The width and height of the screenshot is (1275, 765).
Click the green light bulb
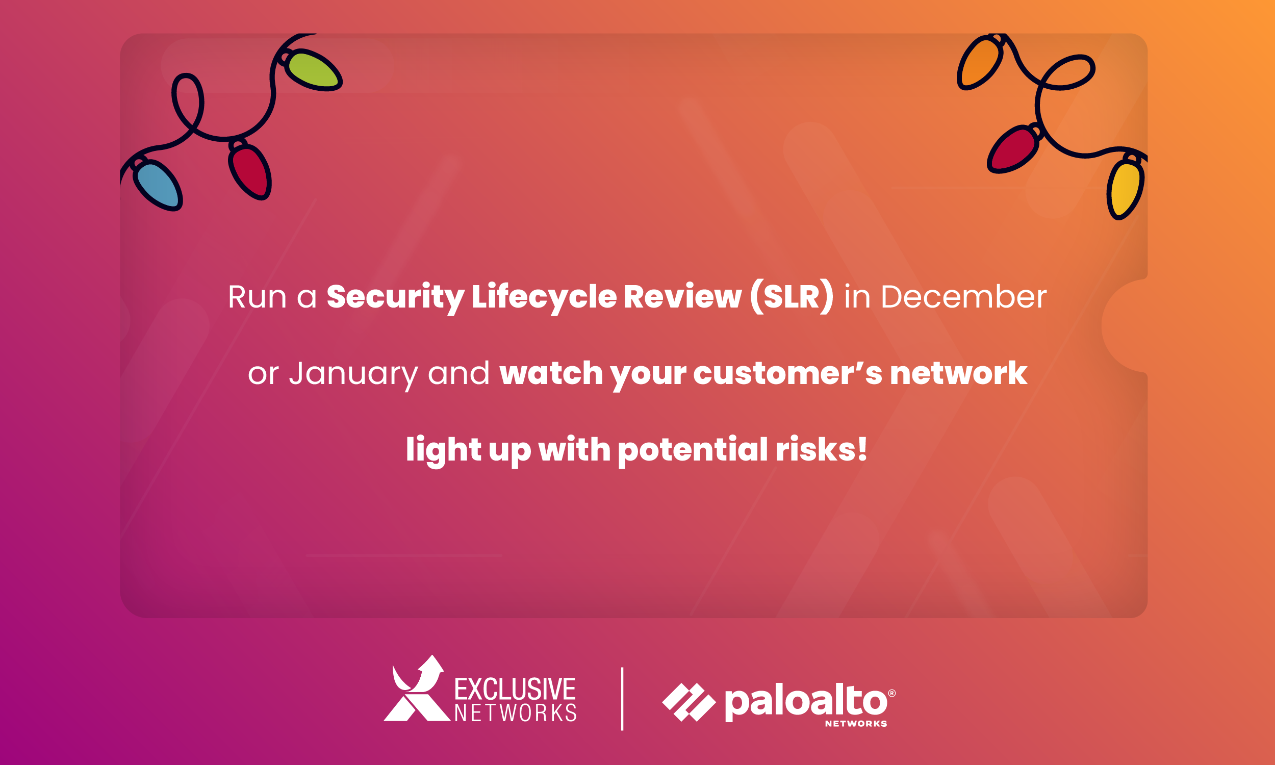click(313, 69)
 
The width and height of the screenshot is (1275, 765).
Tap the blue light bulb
click(157, 184)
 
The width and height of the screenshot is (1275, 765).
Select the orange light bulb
click(980, 62)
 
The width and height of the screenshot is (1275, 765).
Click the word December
click(964, 297)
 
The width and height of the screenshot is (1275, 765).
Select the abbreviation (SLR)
click(792, 297)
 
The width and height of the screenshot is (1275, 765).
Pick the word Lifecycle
click(544, 298)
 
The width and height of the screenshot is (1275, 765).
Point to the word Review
click(682, 297)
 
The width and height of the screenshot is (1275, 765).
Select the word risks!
click(822, 449)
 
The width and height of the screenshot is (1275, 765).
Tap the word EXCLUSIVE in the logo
click(515, 690)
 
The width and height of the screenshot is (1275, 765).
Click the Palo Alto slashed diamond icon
click(689, 702)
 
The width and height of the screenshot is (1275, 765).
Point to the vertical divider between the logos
click(622, 699)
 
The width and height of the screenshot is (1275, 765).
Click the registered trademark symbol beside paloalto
click(892, 694)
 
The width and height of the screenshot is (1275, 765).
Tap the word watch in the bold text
click(551, 373)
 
